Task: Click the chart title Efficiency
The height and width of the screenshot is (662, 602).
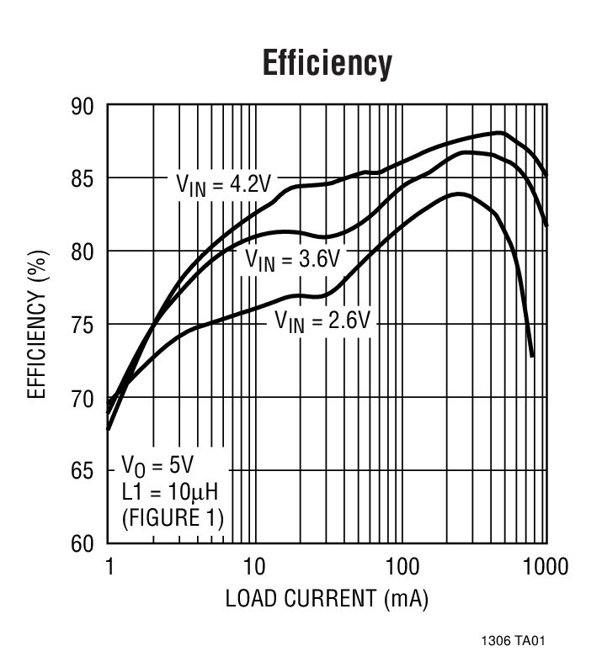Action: click(327, 63)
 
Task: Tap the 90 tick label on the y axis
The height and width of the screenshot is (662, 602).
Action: click(81, 107)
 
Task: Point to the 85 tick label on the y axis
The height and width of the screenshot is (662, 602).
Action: click(81, 179)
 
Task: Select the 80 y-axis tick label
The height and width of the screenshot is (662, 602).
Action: click(81, 252)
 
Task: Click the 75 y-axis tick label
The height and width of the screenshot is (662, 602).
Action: click(81, 325)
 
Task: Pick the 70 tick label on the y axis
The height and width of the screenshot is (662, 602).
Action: click(81, 397)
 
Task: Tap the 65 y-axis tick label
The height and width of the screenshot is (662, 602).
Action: click(81, 470)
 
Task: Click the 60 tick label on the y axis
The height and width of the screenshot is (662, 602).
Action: click(81, 543)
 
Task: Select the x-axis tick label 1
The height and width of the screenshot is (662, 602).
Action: click(109, 566)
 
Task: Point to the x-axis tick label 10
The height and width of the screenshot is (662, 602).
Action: click(253, 566)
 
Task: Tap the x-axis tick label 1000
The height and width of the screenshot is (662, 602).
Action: click(543, 566)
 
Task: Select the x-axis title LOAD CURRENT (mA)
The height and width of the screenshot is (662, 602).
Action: click(327, 599)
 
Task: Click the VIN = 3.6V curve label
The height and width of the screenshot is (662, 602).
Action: click(291, 258)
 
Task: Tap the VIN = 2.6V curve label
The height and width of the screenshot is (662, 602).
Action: click(322, 320)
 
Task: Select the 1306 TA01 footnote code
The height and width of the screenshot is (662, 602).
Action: click(514, 642)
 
